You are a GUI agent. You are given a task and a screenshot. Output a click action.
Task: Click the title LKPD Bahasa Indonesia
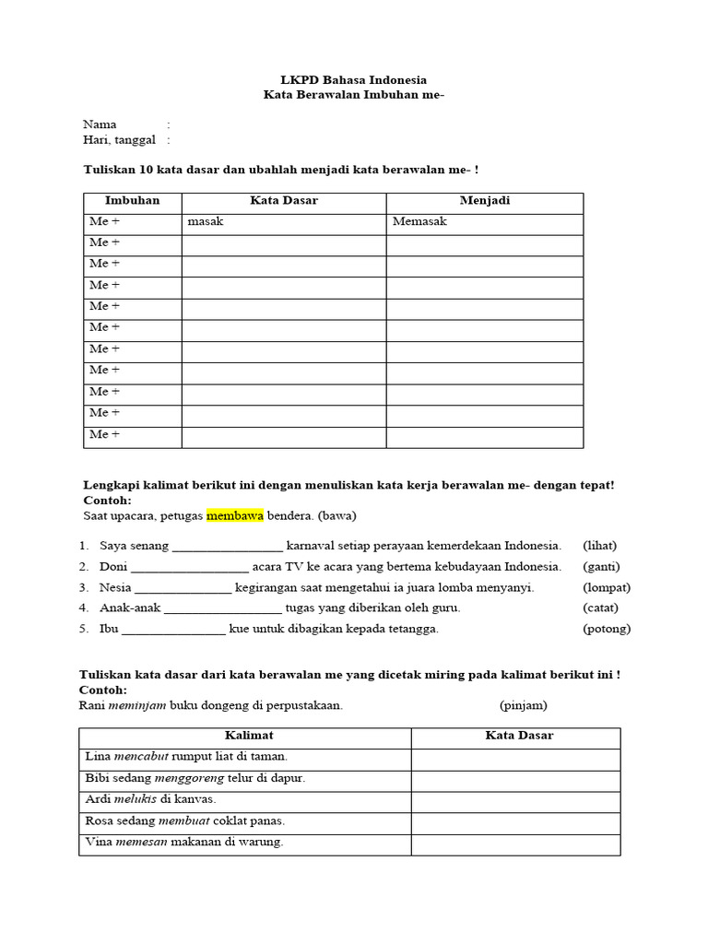click(354, 80)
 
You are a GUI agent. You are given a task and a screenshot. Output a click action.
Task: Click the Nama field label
click(100, 124)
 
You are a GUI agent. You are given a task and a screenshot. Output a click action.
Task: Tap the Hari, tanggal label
click(119, 139)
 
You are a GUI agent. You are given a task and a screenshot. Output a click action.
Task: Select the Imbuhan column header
click(132, 201)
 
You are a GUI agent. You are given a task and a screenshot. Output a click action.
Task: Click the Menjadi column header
click(484, 201)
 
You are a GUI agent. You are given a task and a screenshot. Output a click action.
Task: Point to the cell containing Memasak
click(419, 222)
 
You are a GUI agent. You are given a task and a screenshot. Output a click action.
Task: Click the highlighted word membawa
click(234, 514)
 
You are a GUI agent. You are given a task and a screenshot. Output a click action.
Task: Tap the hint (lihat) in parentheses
click(599, 546)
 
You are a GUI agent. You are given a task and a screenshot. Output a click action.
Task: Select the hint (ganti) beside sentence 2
click(601, 566)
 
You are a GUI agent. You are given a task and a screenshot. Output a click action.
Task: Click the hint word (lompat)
click(606, 587)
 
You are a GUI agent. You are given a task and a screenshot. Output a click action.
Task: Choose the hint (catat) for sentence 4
click(600, 608)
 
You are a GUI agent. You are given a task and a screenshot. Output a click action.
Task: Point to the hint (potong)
click(606, 629)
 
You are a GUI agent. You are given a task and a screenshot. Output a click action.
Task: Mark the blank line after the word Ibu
click(173, 631)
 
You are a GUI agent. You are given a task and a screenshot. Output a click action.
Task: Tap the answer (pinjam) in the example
click(524, 706)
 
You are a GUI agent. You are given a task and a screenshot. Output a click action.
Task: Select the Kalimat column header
click(244, 736)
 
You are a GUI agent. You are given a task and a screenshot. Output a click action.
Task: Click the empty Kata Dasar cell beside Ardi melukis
click(515, 800)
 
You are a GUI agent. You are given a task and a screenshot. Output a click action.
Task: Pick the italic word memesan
click(141, 842)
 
